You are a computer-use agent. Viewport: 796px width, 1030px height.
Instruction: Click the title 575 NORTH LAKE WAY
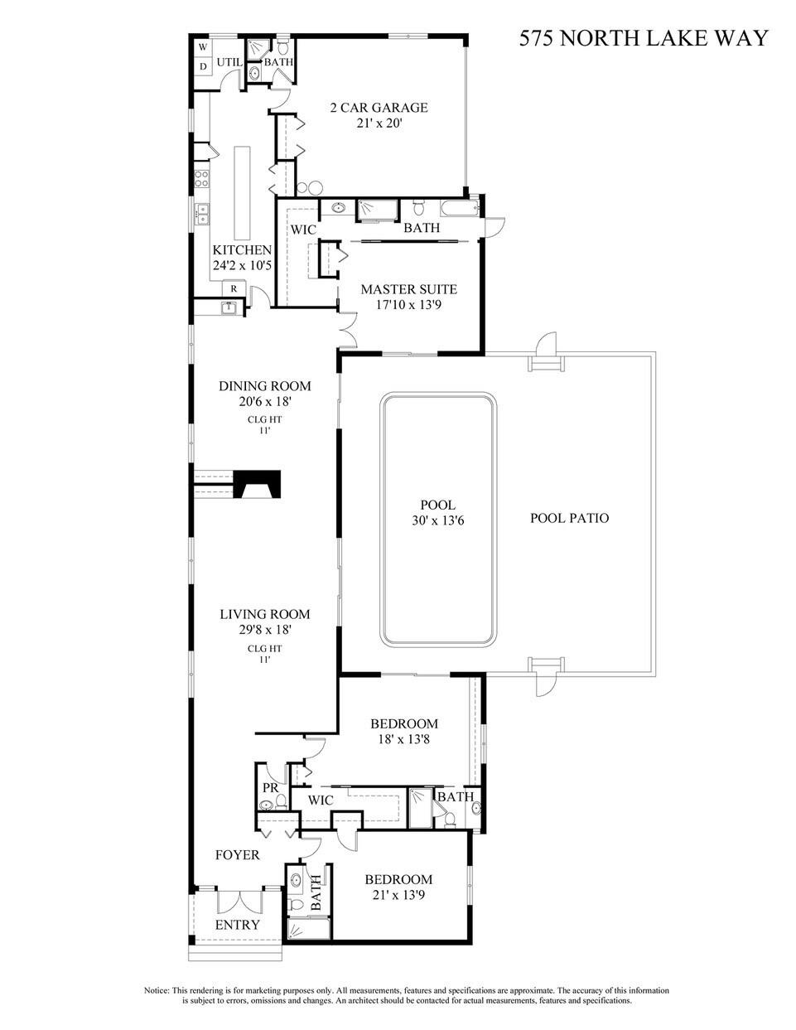(644, 38)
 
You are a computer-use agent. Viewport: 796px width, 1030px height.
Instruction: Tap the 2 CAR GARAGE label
(379, 108)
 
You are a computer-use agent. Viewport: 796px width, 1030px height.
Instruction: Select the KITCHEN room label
(242, 250)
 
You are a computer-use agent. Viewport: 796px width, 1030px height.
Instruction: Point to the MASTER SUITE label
(408, 289)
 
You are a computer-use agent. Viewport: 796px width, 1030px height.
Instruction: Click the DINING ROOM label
(264, 386)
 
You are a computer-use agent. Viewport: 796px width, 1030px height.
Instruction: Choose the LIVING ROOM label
(264, 614)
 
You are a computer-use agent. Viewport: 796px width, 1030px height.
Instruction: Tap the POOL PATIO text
(569, 519)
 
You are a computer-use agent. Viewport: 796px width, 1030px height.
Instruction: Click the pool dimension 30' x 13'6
(437, 521)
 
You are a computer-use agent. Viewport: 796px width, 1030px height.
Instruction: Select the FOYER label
(237, 855)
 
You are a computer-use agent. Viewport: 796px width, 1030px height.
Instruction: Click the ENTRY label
(238, 925)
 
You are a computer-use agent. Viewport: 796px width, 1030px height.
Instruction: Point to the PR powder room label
(269, 787)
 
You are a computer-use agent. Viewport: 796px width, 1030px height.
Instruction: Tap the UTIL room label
(229, 62)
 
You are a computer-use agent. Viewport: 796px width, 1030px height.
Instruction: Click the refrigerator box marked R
(234, 288)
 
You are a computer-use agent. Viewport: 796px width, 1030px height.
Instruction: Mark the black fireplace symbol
(258, 484)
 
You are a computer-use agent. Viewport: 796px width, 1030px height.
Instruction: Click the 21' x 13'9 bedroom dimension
(398, 895)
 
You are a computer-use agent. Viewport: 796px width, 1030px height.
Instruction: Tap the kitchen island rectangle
(242, 191)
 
